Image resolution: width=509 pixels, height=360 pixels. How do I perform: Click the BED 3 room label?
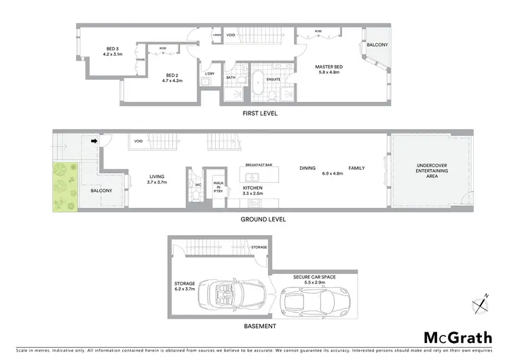112,48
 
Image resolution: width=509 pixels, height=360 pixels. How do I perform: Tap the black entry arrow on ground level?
94,142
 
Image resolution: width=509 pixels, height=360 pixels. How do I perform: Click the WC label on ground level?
198,184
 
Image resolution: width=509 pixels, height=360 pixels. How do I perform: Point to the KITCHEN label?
253,187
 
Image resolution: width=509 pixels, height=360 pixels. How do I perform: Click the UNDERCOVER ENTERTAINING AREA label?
432,170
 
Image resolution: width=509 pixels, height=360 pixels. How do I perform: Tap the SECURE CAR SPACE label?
314,277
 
